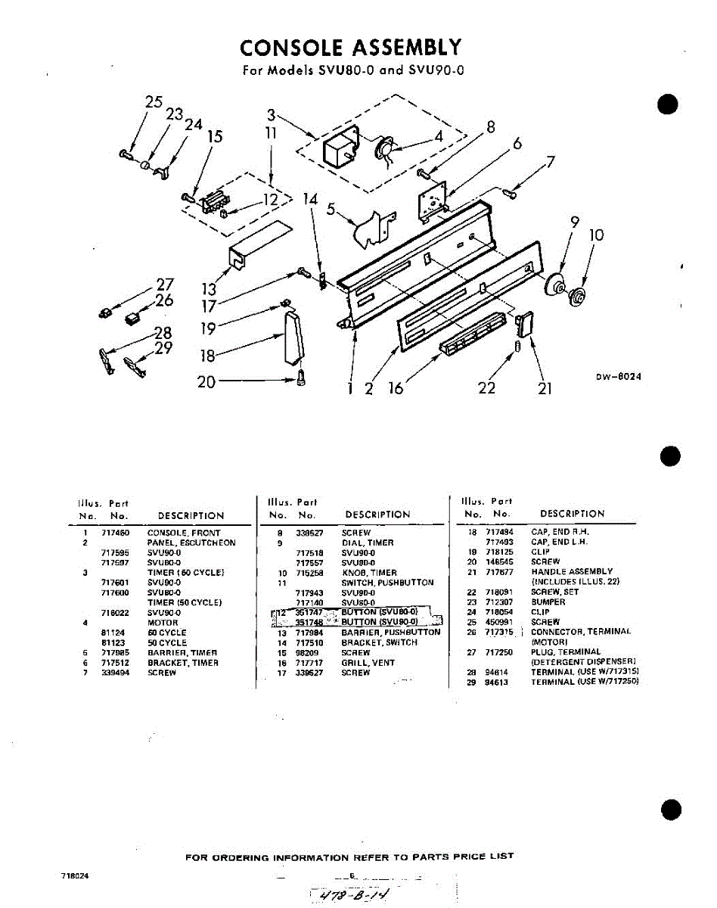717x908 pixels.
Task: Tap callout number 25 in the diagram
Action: pos(154,102)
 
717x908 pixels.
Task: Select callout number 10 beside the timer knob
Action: pos(596,235)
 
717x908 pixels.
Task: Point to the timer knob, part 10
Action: pos(580,296)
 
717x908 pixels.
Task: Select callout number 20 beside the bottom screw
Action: pos(206,382)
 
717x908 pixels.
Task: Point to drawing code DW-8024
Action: pos(618,376)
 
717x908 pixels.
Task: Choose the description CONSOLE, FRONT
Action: pos(184,533)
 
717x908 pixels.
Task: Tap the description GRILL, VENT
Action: pos(368,663)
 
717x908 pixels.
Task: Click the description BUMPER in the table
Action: pos(548,602)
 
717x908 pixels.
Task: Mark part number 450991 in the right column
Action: pos(499,622)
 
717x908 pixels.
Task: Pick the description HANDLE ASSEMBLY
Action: pos(572,571)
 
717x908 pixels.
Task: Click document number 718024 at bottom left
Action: pos(76,876)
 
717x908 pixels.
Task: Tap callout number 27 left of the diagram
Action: pos(165,285)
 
